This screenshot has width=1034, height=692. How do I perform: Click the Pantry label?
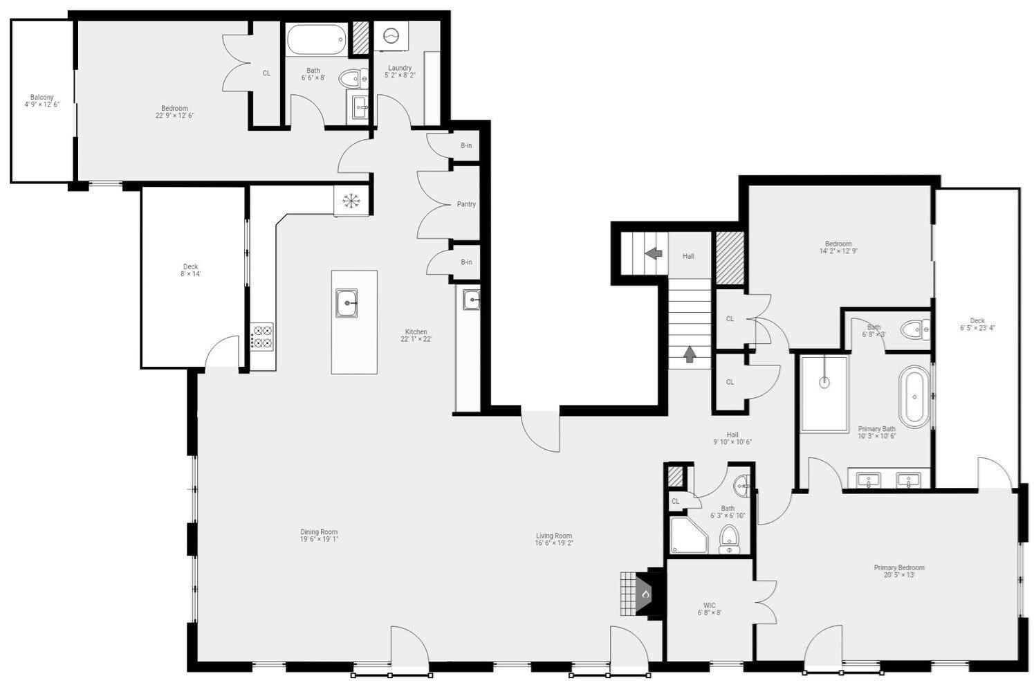click(466, 204)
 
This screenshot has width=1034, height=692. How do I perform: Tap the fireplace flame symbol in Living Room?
click(645, 594)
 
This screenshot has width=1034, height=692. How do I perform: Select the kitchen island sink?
click(347, 303)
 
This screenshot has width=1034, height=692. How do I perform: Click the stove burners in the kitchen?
click(262, 336)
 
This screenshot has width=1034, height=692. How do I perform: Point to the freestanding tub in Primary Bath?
click(914, 397)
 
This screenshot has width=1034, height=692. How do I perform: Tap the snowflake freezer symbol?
click(351, 201)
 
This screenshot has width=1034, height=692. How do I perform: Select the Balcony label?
click(41, 98)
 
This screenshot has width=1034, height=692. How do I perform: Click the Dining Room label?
click(319, 532)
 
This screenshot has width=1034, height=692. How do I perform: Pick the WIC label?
click(709, 605)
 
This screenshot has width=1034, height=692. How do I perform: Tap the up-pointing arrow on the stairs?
click(690, 354)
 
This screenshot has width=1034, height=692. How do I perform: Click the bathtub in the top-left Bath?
click(315, 40)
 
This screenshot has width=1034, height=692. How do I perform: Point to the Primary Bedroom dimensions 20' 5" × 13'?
click(898, 575)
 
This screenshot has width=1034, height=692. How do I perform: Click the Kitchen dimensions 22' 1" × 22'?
click(416, 340)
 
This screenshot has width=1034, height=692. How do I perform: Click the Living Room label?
click(554, 536)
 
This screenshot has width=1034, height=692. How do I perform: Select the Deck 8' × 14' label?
click(190, 267)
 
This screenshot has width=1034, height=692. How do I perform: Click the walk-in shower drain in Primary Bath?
click(824, 381)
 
